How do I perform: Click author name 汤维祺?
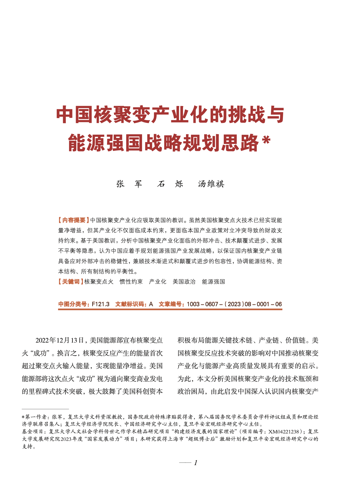211,184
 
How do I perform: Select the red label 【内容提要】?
73,220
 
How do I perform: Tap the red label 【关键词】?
71,282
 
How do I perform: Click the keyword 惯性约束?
131,282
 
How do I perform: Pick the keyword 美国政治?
184,282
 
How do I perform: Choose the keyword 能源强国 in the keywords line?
213,282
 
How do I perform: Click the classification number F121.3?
100,304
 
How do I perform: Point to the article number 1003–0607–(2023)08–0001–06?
234,304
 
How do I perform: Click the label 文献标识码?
131,304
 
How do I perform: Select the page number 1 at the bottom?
195,463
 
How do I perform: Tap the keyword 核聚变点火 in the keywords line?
99,282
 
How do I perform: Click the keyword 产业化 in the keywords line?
157,282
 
